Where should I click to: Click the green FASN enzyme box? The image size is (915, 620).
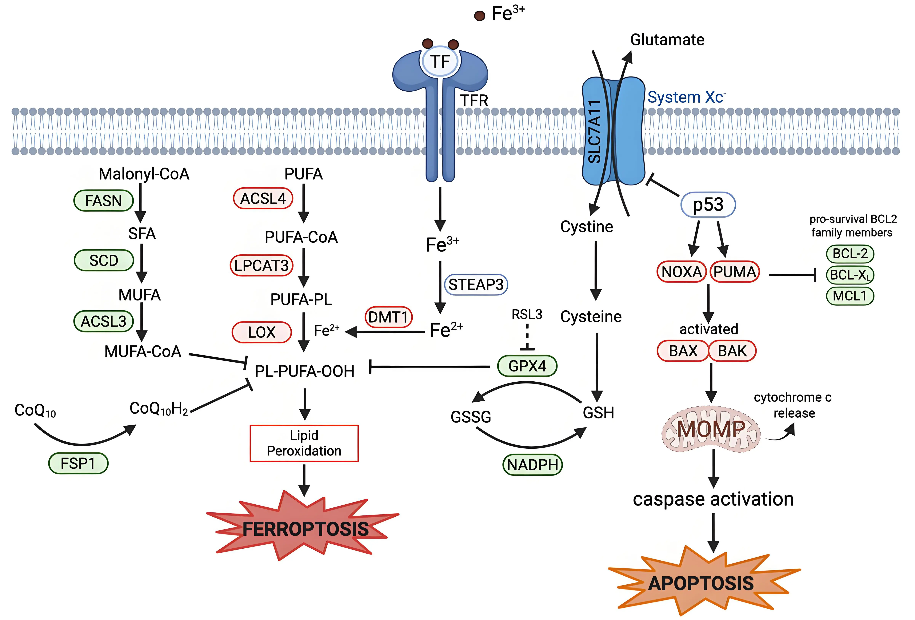104,201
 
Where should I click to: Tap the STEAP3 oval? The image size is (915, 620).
476,284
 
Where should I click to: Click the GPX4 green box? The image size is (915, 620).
527,366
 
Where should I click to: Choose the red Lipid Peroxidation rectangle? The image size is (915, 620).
304,443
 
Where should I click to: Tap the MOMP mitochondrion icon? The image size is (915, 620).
711,429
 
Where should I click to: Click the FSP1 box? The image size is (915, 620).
78,463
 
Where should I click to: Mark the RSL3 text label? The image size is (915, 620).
527,315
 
